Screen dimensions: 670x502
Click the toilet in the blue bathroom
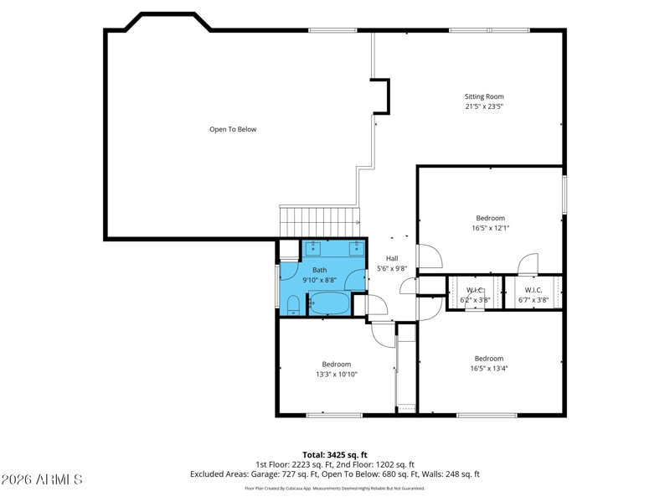293,305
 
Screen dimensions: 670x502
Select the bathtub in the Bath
329,303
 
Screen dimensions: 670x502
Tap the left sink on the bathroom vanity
313,246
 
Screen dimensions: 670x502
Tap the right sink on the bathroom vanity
357,246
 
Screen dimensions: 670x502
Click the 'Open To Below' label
233,129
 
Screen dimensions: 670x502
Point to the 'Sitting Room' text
484,96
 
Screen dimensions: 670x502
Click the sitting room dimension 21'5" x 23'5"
484,106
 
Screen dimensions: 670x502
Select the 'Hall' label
392,258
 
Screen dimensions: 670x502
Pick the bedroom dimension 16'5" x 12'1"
491,228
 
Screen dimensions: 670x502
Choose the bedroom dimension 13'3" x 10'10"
337,374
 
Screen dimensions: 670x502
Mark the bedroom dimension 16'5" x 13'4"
489,369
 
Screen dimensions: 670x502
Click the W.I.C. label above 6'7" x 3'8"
533,290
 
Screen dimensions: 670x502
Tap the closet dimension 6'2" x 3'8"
475,300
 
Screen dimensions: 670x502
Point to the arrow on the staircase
358,222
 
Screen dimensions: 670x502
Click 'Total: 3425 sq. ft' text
335,455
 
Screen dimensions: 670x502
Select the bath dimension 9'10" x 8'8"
320,280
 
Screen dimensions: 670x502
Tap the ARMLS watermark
41,479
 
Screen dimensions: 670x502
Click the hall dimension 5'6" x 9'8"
392,268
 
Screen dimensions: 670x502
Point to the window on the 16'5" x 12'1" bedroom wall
564,194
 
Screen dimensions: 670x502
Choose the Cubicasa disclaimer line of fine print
335,489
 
